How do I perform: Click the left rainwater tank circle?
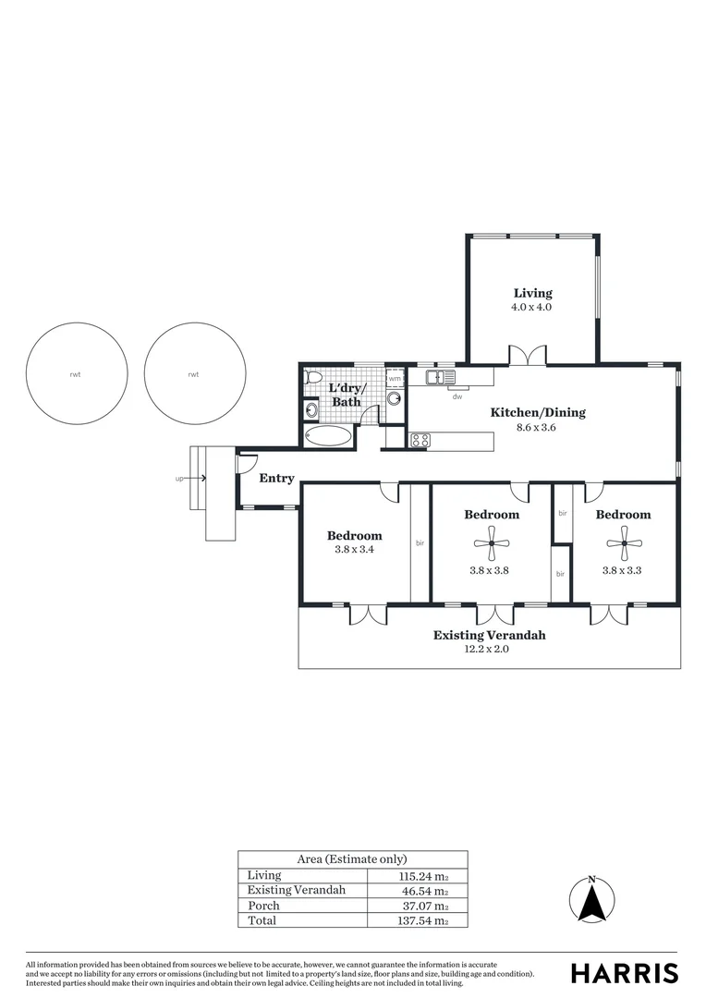point(77,374)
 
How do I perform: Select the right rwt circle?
point(195,374)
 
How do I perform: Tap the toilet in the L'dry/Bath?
point(310,381)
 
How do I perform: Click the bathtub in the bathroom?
point(327,436)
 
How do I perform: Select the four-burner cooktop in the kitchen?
point(420,441)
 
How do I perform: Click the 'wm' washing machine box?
point(395,378)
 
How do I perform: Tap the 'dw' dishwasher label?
point(456,396)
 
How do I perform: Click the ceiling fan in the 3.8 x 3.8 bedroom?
point(492,543)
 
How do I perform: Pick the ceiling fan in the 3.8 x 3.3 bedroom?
point(625,543)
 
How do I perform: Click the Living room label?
point(532,294)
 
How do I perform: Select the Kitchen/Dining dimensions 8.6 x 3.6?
point(538,428)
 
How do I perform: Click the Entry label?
point(276,478)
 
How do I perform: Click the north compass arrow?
point(591,897)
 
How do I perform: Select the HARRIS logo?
point(624,972)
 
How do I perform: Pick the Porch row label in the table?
point(263,906)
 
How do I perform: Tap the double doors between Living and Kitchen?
point(527,355)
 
